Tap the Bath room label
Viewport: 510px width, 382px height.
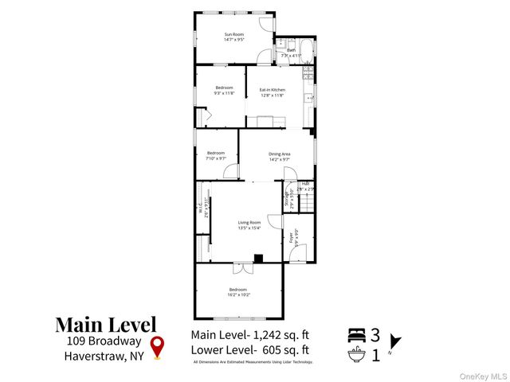291,49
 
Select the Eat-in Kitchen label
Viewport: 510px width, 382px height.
273,90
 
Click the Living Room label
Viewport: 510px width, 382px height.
249,223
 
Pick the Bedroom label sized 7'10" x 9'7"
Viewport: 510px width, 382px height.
217,153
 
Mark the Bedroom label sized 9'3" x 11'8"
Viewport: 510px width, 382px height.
224,88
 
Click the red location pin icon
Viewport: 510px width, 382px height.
158,347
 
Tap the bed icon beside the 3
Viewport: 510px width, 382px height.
358,334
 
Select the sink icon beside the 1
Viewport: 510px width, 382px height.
358,353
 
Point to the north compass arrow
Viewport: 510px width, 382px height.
396,342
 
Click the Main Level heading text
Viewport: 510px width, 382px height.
105,325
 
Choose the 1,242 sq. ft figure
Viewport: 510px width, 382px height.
280,334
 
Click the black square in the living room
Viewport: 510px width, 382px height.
257,258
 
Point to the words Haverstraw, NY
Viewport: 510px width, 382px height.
101,356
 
